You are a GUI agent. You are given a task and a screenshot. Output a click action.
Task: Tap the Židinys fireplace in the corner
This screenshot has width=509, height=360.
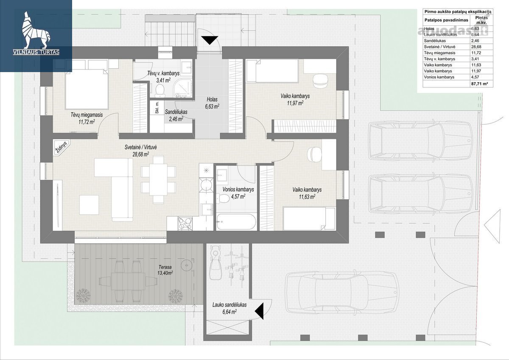[x=62, y=148]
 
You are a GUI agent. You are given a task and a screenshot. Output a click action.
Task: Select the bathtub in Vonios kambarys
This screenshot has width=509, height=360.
[x=236, y=222]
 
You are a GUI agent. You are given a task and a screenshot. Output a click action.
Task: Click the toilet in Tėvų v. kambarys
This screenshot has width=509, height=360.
[x=160, y=90]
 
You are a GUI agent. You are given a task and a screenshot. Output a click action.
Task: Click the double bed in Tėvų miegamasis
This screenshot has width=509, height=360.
[x=87, y=89]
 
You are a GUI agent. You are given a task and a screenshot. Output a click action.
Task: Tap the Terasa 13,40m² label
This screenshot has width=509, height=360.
[x=165, y=270]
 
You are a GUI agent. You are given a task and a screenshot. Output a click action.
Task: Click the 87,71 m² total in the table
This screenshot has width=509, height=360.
[x=479, y=84]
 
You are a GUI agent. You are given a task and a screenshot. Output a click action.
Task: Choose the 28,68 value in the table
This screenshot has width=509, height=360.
[x=476, y=47]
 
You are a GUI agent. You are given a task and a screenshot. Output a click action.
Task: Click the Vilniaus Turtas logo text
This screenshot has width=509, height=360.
[x=36, y=52]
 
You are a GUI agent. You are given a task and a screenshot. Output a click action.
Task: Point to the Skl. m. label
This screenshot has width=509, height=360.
[x=157, y=108]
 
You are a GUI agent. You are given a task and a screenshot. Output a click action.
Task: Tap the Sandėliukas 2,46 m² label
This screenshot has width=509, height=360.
[x=176, y=115]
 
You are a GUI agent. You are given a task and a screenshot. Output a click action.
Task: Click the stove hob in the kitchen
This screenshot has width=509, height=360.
[x=185, y=224]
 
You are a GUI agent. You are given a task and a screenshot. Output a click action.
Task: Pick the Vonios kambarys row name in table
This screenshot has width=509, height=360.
[x=439, y=77]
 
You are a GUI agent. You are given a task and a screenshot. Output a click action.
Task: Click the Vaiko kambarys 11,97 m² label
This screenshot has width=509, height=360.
[x=295, y=100]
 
